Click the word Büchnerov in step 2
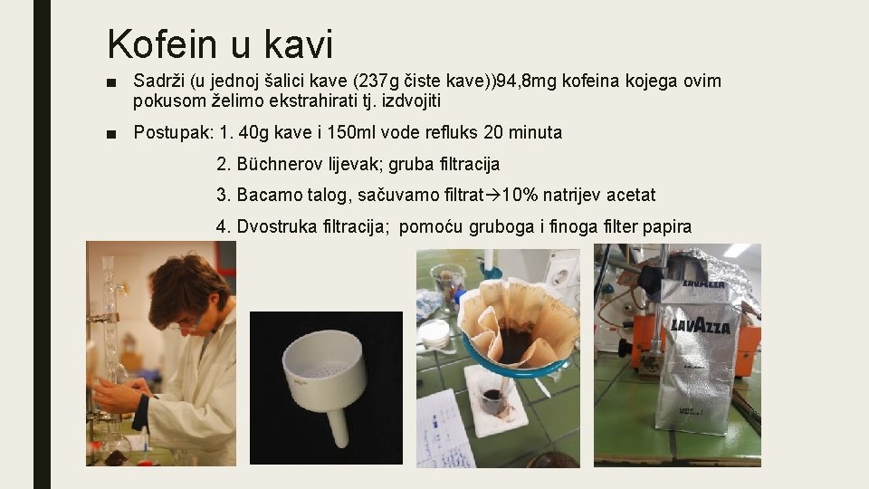[x=276, y=164]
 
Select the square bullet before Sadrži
[x=110, y=82]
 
